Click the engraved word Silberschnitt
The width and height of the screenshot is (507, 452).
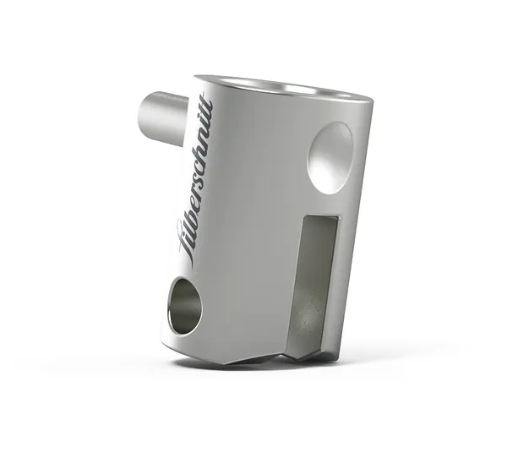[x=197, y=178]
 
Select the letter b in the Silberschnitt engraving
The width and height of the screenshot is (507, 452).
[x=192, y=212]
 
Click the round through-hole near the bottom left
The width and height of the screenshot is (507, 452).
[x=185, y=305]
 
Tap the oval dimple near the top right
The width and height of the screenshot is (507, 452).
[x=330, y=155]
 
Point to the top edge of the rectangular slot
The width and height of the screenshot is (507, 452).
[x=322, y=217]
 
